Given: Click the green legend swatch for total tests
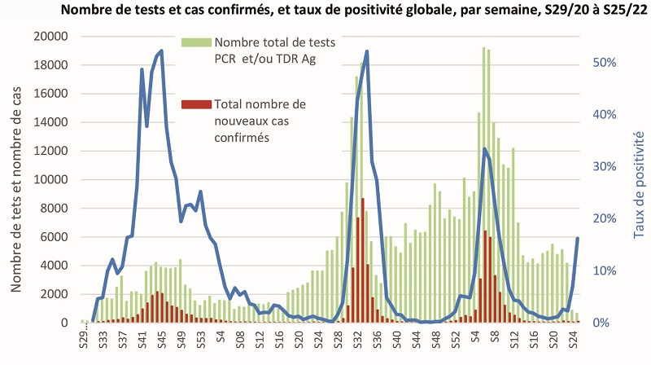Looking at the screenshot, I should [x=195, y=42].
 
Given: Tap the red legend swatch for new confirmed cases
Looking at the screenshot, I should [x=195, y=104].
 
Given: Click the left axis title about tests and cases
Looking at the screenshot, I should [x=17, y=179].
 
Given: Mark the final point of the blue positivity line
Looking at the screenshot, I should [x=578, y=238].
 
